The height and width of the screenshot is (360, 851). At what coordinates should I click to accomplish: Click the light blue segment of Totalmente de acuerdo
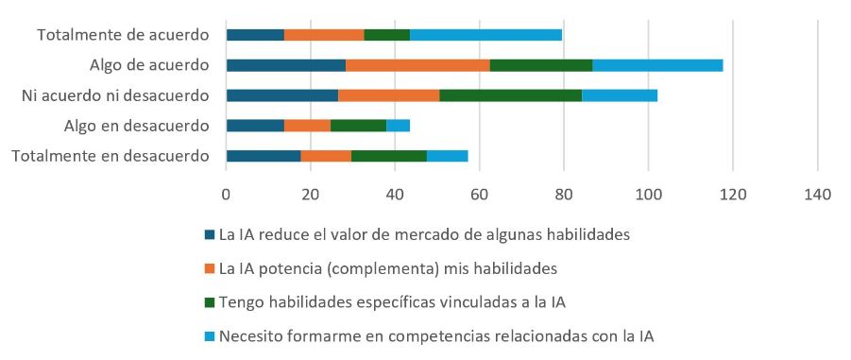pos(485,35)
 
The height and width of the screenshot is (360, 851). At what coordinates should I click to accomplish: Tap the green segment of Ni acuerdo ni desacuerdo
pos(510,95)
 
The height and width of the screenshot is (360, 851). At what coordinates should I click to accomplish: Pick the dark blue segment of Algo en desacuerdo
pos(255,126)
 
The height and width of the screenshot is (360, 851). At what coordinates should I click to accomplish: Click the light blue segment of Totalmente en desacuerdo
pos(447,156)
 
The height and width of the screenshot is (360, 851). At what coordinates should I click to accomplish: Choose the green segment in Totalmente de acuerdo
pos(386,35)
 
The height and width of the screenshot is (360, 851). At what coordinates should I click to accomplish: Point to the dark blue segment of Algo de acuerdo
pos(285,65)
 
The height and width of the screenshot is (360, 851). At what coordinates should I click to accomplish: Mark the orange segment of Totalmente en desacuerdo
pos(326,156)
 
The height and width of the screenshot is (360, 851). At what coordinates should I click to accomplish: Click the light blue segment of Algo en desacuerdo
pos(398,126)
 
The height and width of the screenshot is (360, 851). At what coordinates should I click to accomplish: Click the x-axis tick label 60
pos(479,194)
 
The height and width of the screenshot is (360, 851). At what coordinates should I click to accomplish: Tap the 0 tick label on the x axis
pos(226,194)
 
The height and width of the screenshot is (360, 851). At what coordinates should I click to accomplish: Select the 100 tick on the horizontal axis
pos(648,194)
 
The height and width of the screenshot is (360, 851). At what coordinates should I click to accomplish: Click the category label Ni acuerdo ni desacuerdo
pos(115,95)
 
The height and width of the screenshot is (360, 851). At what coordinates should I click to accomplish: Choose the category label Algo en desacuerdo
pos(136,126)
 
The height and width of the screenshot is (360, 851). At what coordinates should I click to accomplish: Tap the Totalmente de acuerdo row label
pos(123,35)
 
